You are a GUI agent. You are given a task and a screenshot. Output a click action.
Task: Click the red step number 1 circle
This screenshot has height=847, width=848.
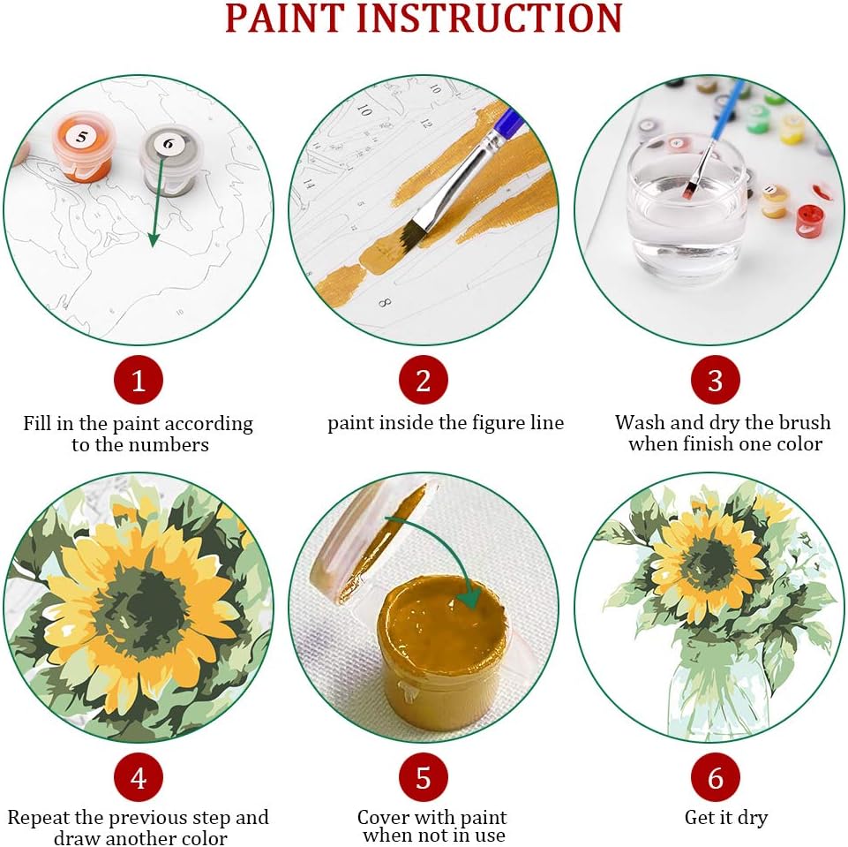click(x=139, y=380)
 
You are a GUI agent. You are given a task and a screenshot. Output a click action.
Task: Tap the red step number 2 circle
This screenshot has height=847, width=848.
click(x=424, y=380)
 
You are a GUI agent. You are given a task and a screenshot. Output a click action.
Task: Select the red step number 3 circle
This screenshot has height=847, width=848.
click(x=715, y=380)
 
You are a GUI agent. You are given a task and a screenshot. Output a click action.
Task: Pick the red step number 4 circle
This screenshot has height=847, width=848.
click(x=139, y=777)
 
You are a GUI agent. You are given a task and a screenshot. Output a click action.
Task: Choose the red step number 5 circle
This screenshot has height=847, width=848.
click(x=424, y=777)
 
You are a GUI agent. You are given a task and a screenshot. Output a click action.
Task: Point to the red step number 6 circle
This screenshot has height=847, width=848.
click(x=715, y=777)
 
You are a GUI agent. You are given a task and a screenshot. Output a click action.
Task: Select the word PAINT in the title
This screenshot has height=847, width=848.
click(x=284, y=18)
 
